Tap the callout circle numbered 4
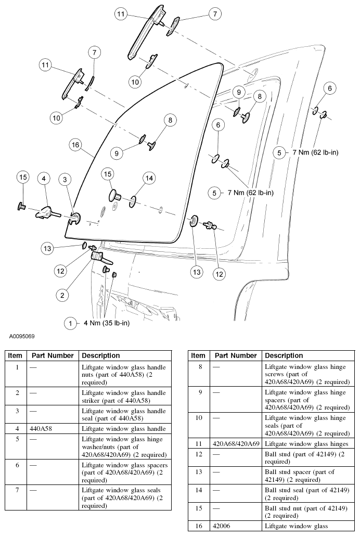(44, 178)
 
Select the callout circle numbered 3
(65, 180)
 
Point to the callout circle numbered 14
(149, 178)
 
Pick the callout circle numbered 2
(62, 295)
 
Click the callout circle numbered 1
(71, 323)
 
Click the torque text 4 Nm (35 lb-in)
(107, 323)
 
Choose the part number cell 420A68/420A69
(236, 443)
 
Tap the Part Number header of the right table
(236, 355)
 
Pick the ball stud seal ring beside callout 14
(134, 201)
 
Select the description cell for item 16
(296, 526)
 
